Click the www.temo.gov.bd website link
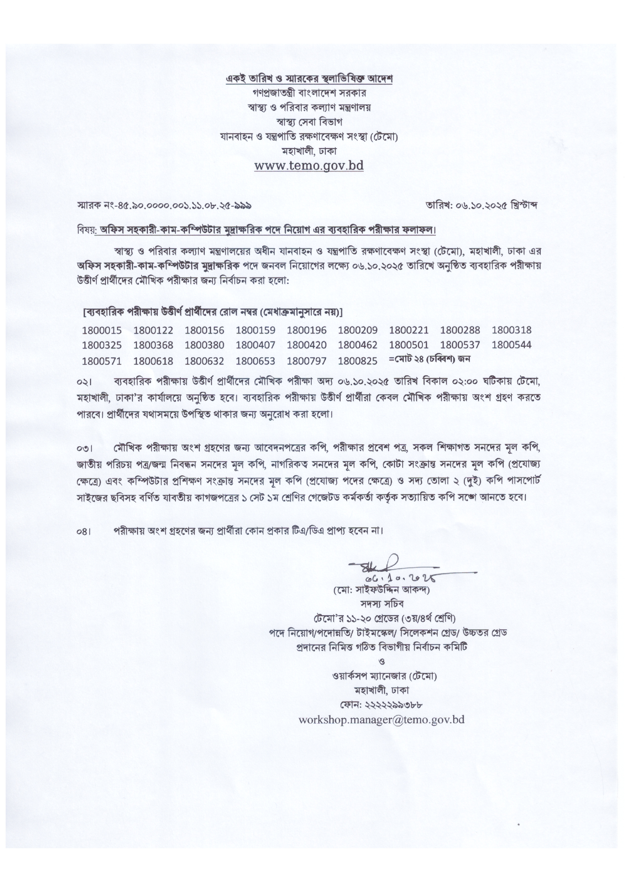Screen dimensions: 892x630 309,166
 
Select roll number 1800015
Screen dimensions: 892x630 102,331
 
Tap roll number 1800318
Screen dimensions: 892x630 511,331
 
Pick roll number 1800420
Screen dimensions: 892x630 306,345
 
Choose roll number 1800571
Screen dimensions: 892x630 102,361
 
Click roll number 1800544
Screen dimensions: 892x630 511,345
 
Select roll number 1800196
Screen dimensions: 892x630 306,331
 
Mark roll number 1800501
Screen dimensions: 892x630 409,345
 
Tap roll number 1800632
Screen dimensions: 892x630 204,361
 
